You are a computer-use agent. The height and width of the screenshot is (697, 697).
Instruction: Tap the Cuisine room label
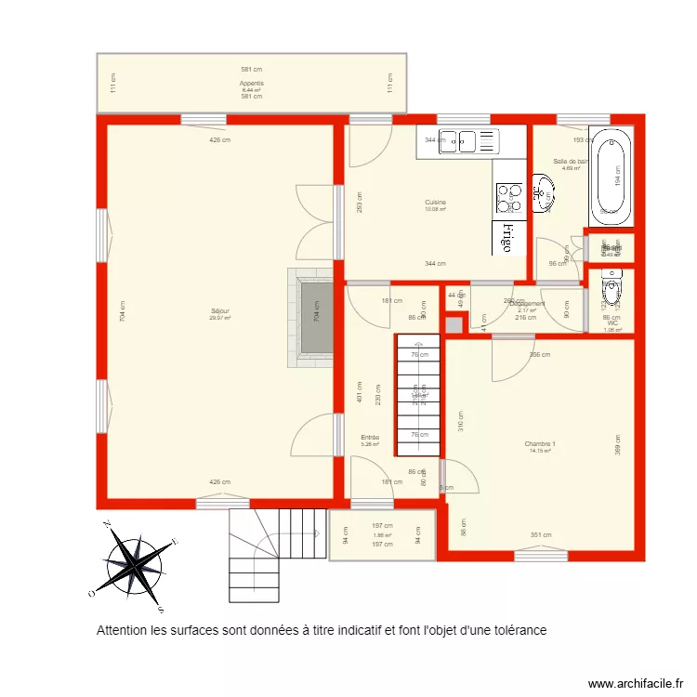[x=435, y=202]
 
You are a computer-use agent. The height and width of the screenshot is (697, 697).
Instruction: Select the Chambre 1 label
[x=540, y=443]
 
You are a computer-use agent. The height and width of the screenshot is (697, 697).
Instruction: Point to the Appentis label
[x=252, y=83]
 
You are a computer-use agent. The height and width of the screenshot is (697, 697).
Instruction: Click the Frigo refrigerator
[x=506, y=237]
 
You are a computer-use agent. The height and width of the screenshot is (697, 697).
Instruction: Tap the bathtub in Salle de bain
[x=611, y=178]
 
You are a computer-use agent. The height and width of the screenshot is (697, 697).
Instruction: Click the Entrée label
[x=371, y=437]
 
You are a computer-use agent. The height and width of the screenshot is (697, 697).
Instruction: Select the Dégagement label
[x=527, y=303]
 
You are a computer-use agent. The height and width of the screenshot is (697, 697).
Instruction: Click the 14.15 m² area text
[x=540, y=452]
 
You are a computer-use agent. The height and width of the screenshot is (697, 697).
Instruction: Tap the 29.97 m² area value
[x=220, y=318]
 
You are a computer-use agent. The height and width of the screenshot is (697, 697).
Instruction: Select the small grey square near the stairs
[x=453, y=324]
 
